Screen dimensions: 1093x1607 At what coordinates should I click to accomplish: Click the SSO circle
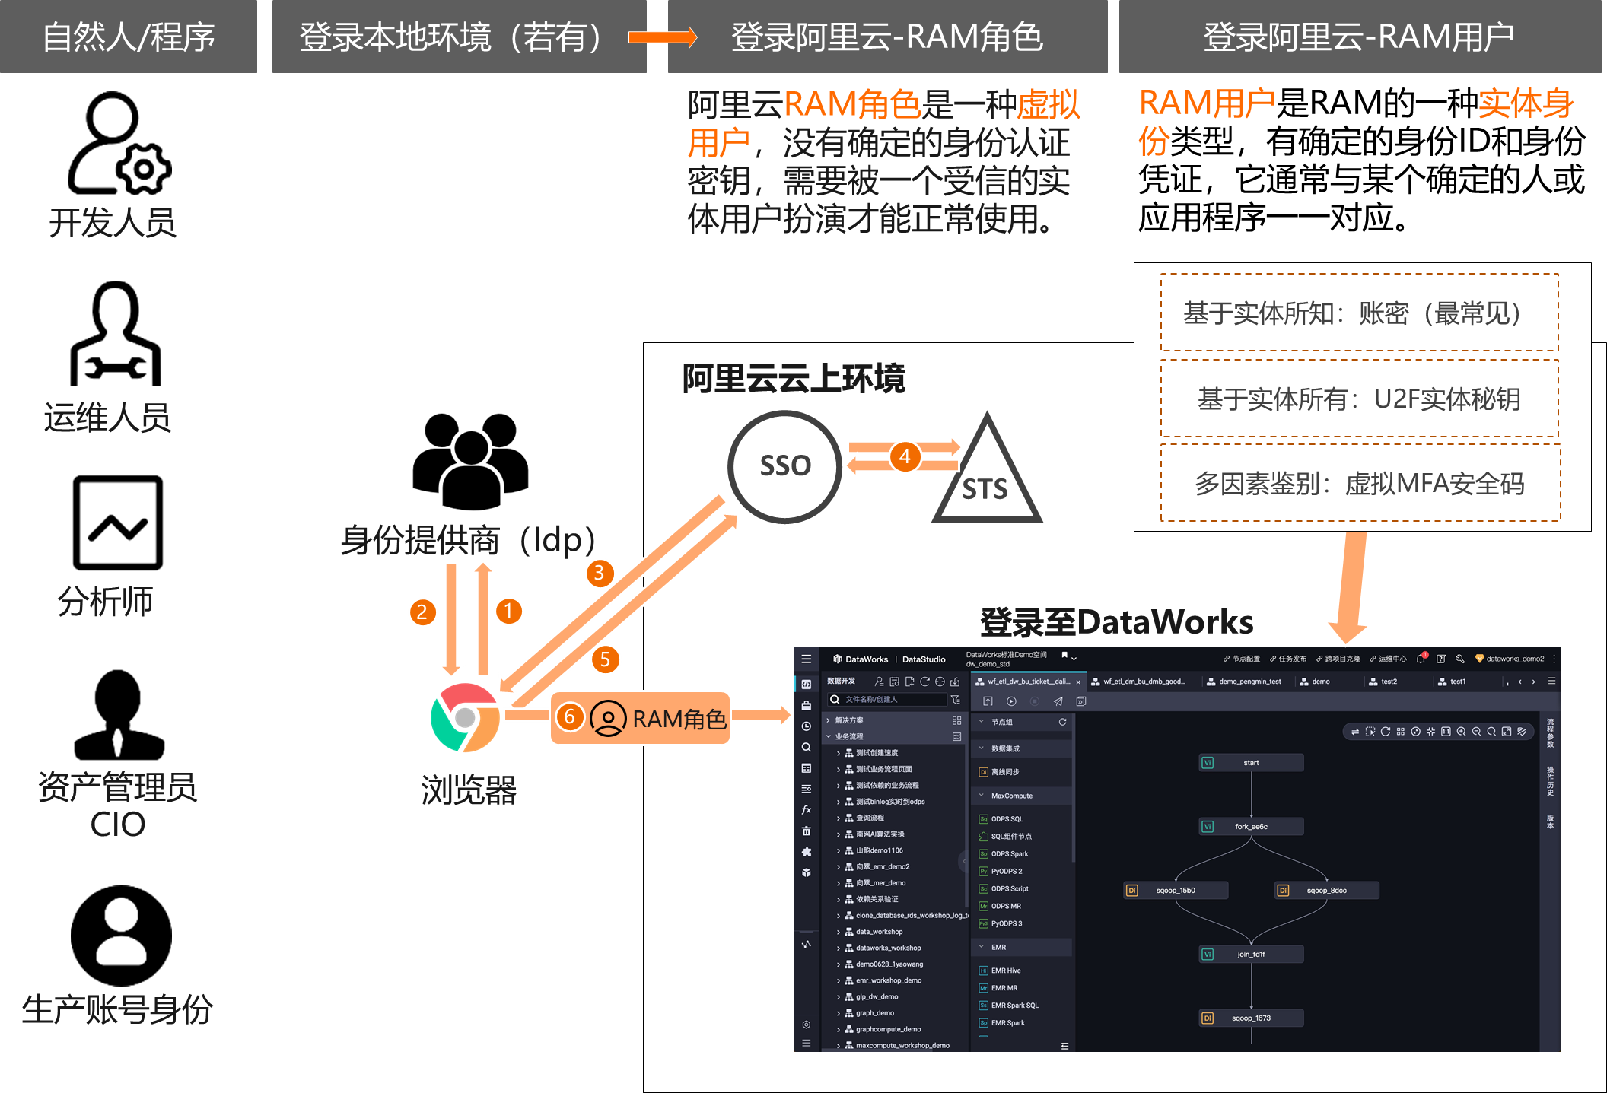tap(784, 466)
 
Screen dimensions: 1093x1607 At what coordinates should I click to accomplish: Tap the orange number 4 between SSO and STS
tap(905, 456)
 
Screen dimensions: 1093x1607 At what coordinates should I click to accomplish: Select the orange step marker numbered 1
tap(508, 611)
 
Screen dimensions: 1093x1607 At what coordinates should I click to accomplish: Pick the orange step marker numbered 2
tap(422, 612)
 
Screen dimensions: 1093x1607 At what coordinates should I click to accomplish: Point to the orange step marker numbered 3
tap(599, 573)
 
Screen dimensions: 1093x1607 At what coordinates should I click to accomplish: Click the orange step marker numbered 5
tap(605, 659)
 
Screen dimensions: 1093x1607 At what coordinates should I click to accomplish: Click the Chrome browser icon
tap(465, 717)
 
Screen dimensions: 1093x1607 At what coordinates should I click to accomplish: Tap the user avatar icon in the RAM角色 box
tap(608, 718)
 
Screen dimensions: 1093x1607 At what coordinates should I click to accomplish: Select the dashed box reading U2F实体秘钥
tap(1359, 399)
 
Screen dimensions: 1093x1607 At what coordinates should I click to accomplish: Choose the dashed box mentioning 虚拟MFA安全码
tap(1359, 483)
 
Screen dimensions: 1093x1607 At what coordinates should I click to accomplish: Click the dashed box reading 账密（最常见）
tap(1359, 313)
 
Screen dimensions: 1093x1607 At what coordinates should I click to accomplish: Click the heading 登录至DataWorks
tap(1116, 622)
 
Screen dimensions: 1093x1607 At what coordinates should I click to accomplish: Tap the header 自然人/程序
tap(129, 37)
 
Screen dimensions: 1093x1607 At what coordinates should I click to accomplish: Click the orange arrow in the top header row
tap(662, 37)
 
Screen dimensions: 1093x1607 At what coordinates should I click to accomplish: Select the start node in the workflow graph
tap(1251, 763)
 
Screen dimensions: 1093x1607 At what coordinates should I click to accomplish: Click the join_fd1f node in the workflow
tap(1251, 954)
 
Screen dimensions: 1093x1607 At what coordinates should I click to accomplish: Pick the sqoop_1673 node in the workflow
tap(1251, 1018)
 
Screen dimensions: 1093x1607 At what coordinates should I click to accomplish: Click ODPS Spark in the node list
tap(1009, 854)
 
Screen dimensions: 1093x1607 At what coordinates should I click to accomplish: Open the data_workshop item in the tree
tap(879, 932)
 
